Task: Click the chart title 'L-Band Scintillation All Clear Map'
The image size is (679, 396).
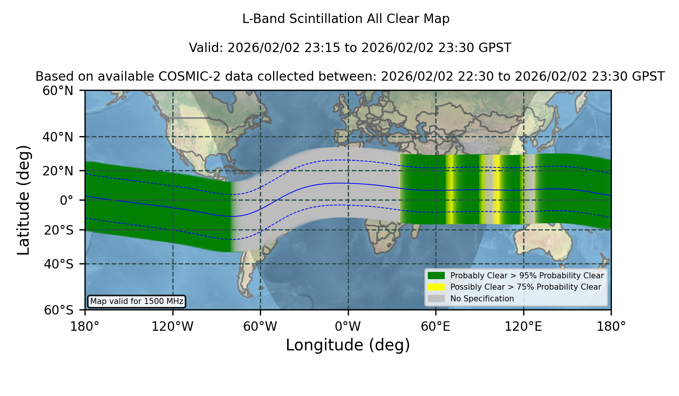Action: (346, 19)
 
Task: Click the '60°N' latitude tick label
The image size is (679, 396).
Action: (58, 91)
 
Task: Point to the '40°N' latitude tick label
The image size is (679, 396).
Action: (58, 137)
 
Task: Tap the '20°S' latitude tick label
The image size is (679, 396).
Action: (59, 230)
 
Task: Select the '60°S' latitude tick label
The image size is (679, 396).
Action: (59, 310)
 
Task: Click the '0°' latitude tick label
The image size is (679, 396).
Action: (66, 200)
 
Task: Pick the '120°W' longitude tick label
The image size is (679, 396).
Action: (172, 326)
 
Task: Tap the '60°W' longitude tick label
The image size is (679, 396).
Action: (260, 326)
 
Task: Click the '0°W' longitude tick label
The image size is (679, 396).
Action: (348, 326)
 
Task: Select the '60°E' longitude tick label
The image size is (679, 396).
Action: (436, 326)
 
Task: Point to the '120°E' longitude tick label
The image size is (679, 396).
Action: (523, 326)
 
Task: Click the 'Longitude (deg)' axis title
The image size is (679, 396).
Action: (348, 345)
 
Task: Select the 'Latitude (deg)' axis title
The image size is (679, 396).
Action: (23, 200)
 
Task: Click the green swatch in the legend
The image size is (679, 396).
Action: (436, 276)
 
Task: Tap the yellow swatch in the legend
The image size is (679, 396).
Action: (436, 287)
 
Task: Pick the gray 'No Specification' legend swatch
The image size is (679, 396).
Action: (436, 299)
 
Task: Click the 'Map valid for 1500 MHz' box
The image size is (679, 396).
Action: (137, 301)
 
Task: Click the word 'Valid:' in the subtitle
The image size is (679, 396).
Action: (206, 48)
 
